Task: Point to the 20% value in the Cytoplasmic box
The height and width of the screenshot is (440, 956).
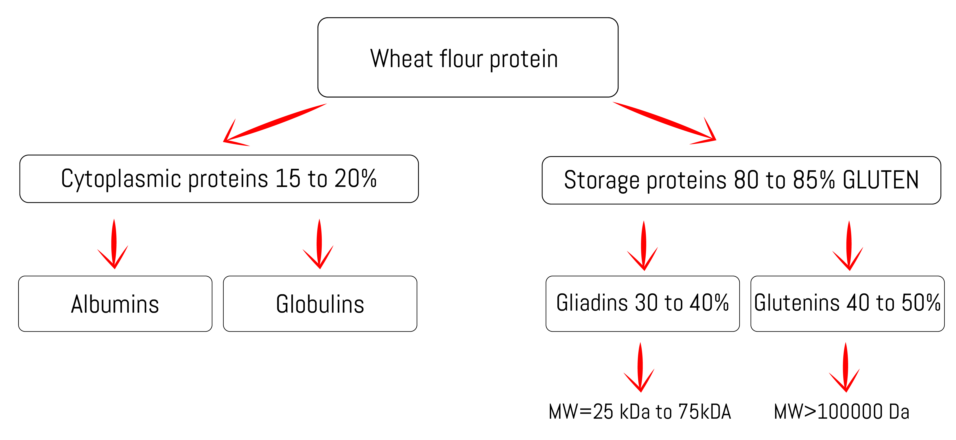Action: (356, 178)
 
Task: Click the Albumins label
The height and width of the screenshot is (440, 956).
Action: (115, 304)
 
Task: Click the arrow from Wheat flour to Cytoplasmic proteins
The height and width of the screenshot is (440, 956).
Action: (275, 125)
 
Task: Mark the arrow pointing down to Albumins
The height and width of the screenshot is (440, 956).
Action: (113, 244)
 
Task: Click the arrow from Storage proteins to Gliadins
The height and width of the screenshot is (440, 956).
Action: (643, 246)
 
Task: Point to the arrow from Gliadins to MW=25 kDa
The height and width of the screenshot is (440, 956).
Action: (640, 367)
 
